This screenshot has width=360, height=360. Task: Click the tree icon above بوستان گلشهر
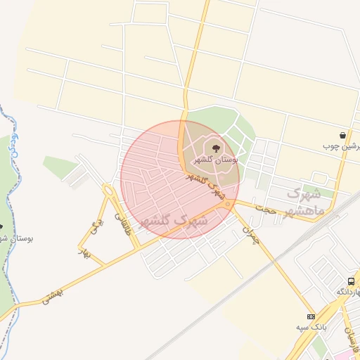(x=214, y=148)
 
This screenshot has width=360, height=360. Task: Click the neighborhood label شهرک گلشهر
(x=172, y=220)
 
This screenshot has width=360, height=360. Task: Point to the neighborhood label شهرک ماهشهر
(x=306, y=201)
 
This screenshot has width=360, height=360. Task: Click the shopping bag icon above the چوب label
(x=342, y=135)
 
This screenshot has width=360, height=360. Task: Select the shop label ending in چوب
(x=342, y=146)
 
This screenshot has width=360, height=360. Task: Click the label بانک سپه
(x=310, y=328)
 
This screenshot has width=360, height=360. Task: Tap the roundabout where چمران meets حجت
(x=228, y=204)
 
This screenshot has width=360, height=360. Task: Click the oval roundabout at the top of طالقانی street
(x=108, y=190)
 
